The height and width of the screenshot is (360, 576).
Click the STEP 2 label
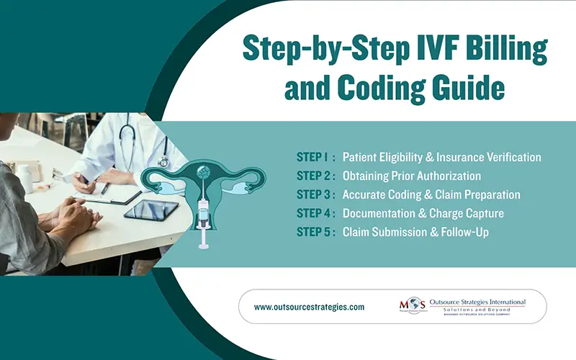[314, 176]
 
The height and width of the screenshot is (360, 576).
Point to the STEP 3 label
[314, 195]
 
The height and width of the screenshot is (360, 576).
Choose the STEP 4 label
[314, 214]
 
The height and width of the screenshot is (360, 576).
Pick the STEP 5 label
[314, 233]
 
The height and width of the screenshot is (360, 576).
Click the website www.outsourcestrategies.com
[309, 307]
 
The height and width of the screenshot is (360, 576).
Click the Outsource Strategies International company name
[477, 302]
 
